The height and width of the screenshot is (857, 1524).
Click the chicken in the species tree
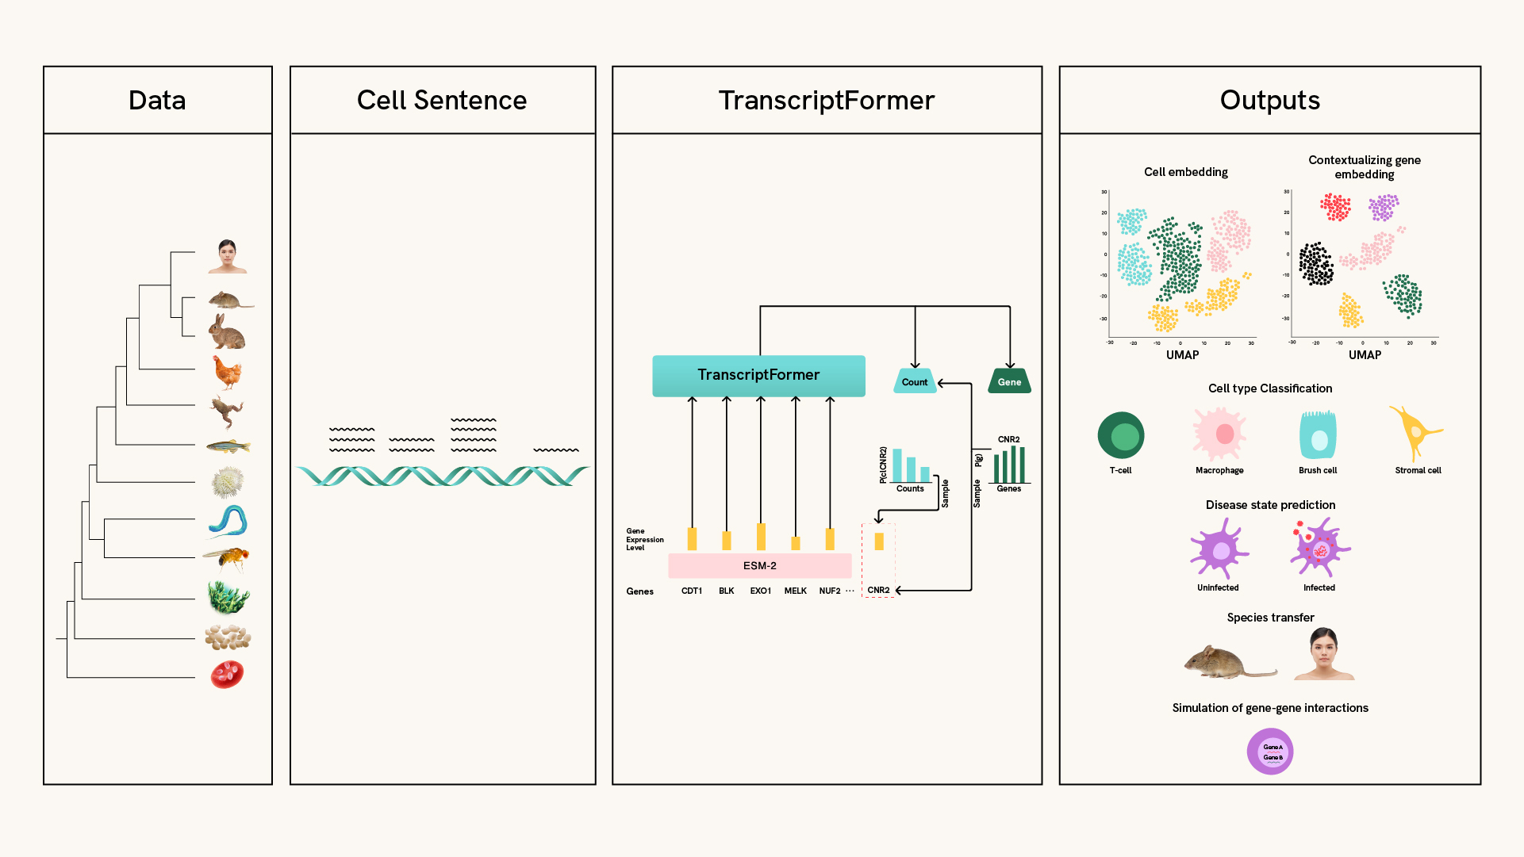pos(228,373)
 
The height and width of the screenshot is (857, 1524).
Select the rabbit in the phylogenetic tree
pos(227,332)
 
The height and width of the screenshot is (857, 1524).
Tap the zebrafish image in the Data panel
pos(228,447)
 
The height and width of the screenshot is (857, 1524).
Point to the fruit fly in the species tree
pos(228,559)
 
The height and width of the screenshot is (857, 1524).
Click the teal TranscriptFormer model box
pos(758,376)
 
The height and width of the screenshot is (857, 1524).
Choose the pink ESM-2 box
pos(759,566)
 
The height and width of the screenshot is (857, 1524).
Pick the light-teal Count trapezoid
pos(914,381)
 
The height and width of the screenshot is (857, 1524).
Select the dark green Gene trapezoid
pos(1009,381)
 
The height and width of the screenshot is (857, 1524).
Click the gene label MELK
pos(795,591)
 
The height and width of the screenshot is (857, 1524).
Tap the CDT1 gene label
pos(692,591)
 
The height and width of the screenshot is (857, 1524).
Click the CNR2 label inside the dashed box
pos(878,591)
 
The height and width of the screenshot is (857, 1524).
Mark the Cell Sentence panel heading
pos(442,101)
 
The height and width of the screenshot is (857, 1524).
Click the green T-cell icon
pos(1120,435)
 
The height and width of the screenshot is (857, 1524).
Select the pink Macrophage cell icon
pos(1219,434)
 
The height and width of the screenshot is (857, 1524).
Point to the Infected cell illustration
pos(1319,548)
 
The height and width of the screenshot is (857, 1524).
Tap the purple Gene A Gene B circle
pos(1270,752)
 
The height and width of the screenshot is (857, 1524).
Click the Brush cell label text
pos(1318,471)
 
